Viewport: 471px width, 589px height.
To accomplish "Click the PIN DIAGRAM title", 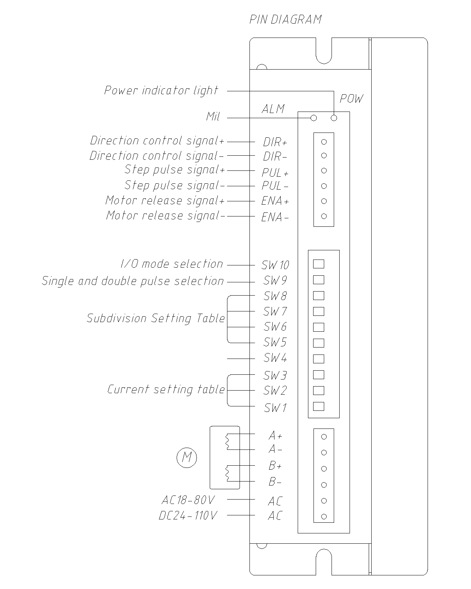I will tap(286, 20).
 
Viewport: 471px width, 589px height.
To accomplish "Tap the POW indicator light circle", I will tap(334, 118).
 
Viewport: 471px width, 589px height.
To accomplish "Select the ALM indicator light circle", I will tap(314, 118).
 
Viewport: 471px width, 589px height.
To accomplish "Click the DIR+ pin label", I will tap(275, 142).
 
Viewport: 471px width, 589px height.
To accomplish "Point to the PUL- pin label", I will tap(275, 186).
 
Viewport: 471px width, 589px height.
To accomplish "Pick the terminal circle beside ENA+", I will tap(324, 201).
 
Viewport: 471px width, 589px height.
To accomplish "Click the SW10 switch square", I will tap(318, 264).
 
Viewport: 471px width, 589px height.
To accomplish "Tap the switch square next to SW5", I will tap(318, 343).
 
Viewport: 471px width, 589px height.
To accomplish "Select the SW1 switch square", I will tap(318, 406).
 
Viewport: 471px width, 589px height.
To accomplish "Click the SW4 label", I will tap(275, 358).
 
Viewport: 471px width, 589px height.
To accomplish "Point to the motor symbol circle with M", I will tap(187, 458).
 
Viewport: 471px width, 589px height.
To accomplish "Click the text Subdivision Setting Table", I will tap(156, 318).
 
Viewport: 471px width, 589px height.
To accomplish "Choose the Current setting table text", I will tap(166, 389).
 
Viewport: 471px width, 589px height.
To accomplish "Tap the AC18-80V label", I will tap(188, 500).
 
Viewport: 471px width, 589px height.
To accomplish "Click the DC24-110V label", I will tap(188, 515).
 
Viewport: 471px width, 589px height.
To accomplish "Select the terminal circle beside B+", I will tap(324, 469).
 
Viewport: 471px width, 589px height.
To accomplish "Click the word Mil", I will tap(213, 117).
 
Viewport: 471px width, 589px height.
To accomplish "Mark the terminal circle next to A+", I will tap(324, 437).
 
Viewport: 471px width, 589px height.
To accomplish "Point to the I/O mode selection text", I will tap(172, 264).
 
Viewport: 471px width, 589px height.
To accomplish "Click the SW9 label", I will tap(275, 281).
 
